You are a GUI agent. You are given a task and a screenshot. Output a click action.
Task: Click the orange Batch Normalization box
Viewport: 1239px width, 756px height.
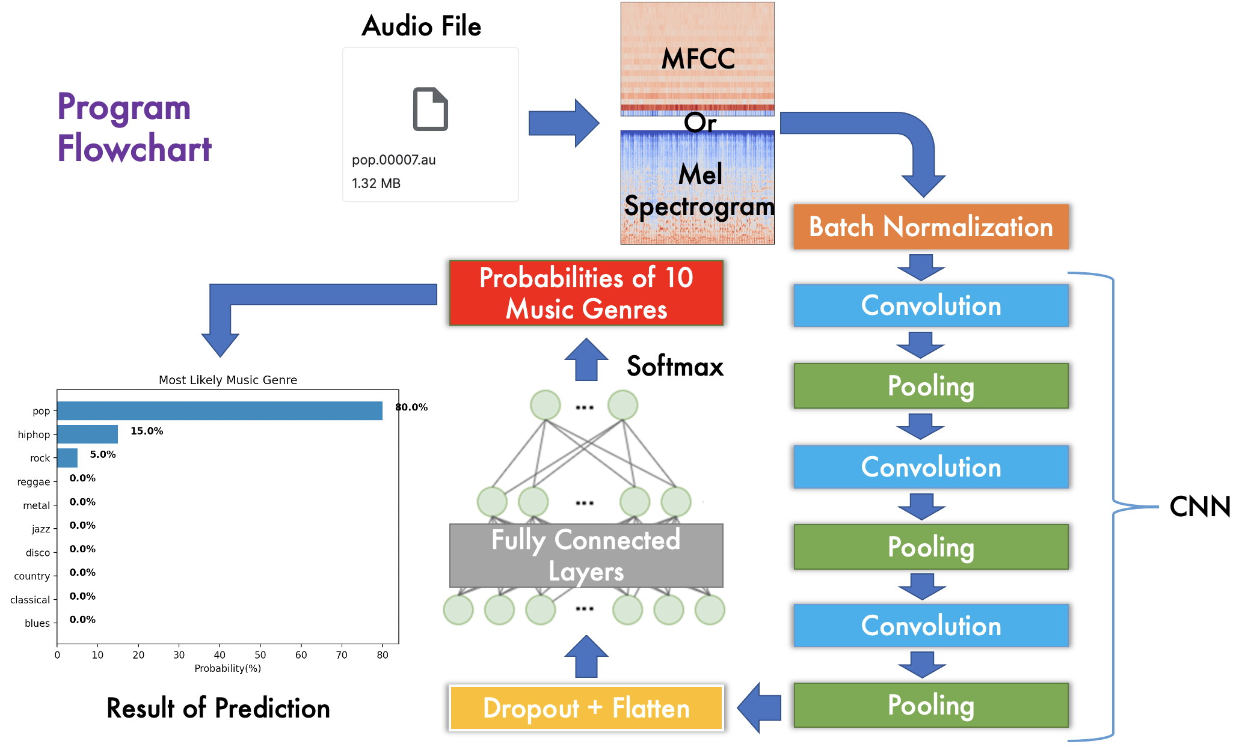930,227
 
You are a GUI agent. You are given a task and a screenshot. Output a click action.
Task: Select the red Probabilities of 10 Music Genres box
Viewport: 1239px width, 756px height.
586,293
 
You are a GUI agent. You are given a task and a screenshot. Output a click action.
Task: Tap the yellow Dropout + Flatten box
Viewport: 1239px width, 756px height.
586,708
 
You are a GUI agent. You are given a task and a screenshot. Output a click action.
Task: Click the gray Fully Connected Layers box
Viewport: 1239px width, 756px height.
586,555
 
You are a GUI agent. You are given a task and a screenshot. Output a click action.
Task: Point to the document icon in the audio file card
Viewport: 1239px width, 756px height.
430,109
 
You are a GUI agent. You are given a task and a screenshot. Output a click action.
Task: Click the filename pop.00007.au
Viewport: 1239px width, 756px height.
393,160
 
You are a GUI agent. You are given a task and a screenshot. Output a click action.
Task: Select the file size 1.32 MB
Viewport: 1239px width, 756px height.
376,183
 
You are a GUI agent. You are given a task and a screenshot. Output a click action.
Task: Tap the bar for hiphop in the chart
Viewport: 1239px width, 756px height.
88,434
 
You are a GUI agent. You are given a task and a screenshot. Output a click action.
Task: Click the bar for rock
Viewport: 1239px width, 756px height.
67,458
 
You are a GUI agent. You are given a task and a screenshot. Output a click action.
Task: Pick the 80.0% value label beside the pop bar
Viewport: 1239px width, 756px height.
411,407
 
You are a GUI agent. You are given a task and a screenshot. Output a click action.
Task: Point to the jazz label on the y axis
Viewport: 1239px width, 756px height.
41,529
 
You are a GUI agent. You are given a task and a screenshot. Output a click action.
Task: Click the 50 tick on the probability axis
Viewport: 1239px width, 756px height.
260,655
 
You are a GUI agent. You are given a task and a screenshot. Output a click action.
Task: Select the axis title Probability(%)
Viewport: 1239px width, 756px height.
227,668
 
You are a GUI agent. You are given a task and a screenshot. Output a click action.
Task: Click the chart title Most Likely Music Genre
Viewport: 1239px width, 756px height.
227,380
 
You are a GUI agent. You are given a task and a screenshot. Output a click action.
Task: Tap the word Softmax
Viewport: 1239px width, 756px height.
675,366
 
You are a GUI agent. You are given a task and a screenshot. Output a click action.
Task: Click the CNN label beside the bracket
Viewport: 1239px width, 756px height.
1199,507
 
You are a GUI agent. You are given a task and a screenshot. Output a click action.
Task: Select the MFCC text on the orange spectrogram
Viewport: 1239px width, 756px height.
698,59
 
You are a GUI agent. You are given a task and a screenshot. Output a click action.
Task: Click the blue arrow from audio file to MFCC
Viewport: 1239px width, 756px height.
563,123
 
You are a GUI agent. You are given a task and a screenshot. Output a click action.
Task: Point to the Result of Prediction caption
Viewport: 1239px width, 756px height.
218,708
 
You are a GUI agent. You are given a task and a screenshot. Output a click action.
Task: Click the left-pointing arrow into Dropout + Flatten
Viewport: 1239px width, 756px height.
759,707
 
